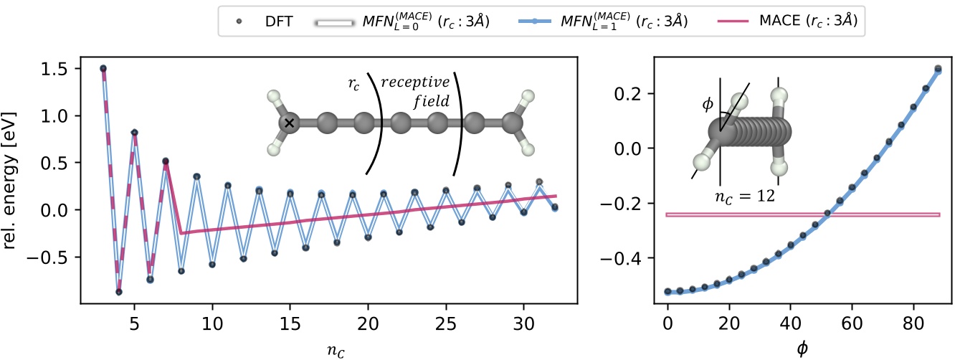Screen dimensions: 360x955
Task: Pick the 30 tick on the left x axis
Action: [x=524, y=323]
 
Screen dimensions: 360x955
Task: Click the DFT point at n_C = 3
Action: [x=103, y=68]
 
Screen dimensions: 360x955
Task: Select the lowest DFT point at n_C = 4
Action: [x=118, y=292]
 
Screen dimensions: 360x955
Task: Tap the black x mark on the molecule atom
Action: [x=289, y=123]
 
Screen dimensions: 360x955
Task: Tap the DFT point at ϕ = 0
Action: [x=667, y=292]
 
